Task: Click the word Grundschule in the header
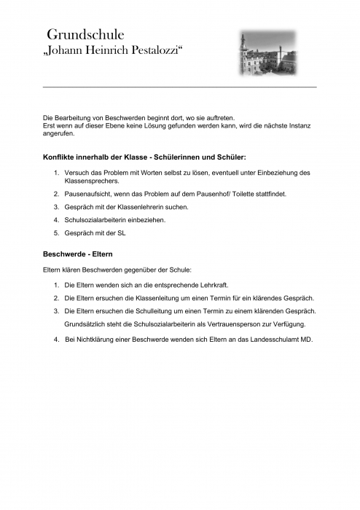click(85, 34)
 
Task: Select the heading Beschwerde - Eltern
click(78, 254)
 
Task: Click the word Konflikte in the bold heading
click(62, 157)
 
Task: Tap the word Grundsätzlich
click(88, 323)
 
